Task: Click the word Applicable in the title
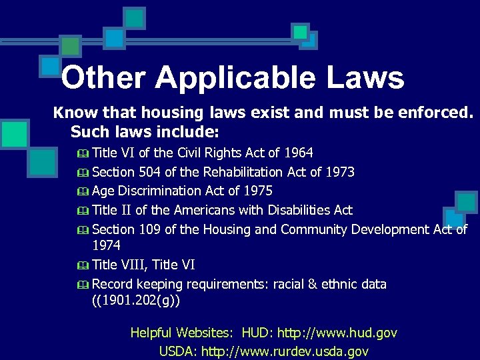click(235, 78)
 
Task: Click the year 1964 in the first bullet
click(298, 153)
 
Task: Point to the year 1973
click(339, 172)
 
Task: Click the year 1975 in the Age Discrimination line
click(257, 191)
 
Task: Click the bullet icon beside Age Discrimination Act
click(83, 191)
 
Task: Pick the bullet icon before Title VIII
click(83, 265)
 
